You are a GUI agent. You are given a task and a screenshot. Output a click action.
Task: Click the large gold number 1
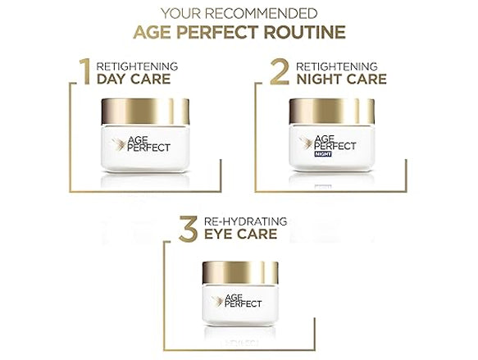85,71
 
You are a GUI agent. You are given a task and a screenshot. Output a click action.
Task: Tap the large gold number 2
280,71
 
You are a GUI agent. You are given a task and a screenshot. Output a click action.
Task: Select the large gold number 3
189,229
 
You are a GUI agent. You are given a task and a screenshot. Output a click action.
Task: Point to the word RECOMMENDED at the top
262,14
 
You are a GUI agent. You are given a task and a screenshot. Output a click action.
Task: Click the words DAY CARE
134,79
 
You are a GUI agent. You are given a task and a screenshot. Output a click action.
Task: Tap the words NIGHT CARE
341,79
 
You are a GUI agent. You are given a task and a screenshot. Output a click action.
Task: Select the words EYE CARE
240,234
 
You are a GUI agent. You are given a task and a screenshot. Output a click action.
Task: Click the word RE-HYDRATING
245,221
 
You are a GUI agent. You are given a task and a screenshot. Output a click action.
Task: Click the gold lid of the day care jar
145,112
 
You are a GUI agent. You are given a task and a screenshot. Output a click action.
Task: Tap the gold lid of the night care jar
332,112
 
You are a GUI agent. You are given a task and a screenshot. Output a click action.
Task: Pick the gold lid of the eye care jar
240,272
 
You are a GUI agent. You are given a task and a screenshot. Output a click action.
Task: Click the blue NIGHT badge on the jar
323,154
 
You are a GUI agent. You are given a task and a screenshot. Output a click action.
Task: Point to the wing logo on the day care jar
119,144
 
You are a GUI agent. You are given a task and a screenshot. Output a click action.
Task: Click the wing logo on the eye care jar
217,301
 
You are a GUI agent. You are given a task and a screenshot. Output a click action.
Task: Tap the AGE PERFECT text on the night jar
335,143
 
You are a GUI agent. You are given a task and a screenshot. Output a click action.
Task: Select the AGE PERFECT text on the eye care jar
243,301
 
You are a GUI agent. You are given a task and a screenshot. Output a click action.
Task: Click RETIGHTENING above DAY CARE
137,66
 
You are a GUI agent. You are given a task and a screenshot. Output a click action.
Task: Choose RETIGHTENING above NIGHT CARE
337,66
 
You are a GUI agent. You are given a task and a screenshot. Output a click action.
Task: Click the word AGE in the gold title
153,33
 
